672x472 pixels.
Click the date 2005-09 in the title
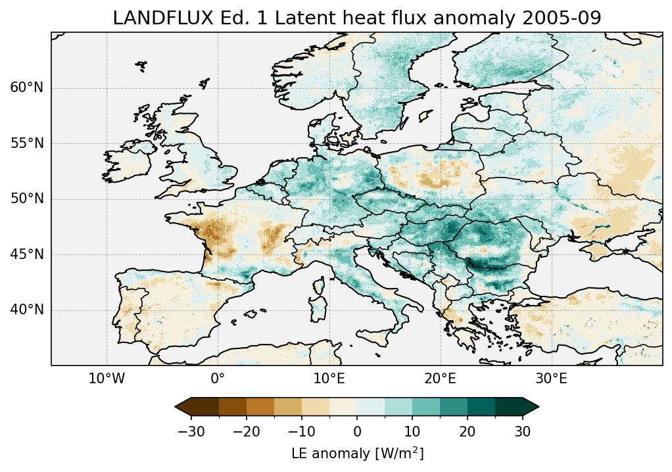click(569, 18)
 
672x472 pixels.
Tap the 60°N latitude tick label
click(27, 88)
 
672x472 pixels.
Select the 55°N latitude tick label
click(27, 143)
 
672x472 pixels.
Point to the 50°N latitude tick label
click(27, 199)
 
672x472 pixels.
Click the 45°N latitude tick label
click(27, 254)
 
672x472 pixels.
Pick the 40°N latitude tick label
click(27, 310)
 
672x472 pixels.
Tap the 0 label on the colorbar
click(357, 431)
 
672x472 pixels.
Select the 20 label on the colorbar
click(468, 431)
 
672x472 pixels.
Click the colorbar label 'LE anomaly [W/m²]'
click(357, 454)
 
